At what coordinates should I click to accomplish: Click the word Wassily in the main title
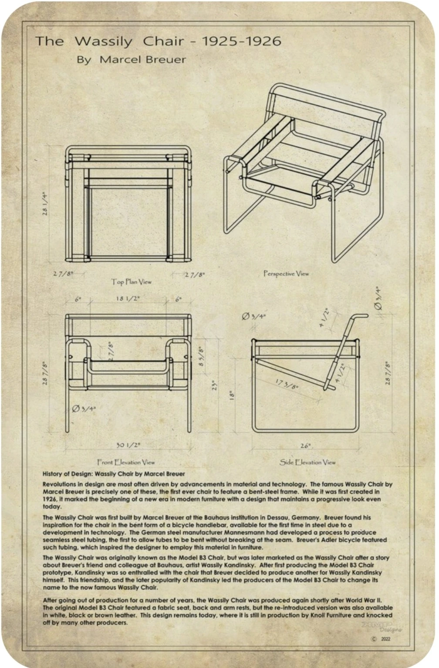pos(103,41)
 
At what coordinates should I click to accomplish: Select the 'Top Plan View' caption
pos(132,282)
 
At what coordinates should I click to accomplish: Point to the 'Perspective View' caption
pos(286,274)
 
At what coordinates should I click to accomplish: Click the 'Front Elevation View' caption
pos(126,463)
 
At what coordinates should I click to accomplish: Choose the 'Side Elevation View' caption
pos(307,463)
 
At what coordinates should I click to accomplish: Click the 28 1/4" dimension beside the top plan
pos(45,204)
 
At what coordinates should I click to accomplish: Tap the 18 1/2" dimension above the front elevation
pos(128,298)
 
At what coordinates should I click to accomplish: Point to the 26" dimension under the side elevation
pos(305,446)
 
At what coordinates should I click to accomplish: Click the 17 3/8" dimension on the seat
pos(287,384)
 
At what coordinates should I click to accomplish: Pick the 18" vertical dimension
pos(233,395)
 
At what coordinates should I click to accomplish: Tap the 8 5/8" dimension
pos(202,357)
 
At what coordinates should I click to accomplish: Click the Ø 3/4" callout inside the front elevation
pos(84,409)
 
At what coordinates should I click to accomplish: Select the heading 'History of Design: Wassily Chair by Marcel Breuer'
pos(114,474)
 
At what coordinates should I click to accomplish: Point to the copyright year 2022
pos(385,639)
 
